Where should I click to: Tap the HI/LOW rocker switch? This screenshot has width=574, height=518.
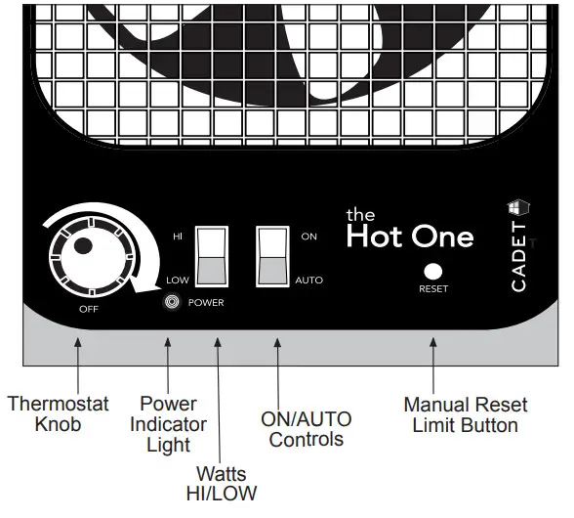pos(212,256)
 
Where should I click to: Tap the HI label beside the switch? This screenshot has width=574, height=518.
pos(178,237)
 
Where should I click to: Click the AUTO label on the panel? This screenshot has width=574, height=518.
pos(308,281)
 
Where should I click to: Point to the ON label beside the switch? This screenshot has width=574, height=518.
pos(309,237)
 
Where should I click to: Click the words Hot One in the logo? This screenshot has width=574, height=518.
pos(410,237)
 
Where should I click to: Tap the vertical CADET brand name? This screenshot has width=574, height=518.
pos(518,259)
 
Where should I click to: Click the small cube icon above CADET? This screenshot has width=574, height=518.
pos(517,208)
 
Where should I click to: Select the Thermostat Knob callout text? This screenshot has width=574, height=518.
pos(58,413)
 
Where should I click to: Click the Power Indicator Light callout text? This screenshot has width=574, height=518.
pos(168,424)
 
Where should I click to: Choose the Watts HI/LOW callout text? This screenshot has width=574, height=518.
pos(222,482)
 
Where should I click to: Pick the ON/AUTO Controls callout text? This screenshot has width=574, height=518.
pos(306,429)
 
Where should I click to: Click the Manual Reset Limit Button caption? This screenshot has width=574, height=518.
pos(465,413)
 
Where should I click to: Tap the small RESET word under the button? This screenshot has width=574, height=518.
pos(432,290)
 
